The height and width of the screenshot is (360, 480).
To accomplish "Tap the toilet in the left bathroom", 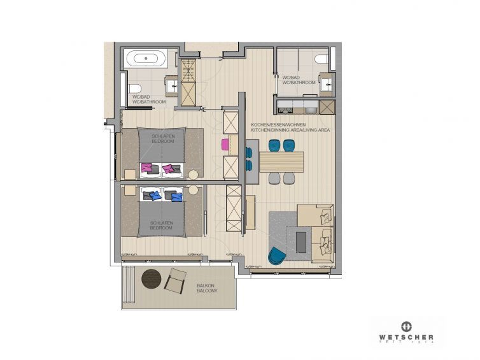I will pos(134,89).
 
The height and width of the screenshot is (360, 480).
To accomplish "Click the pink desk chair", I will pos(225,143).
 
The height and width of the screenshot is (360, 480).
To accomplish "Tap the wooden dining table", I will pos(281,159).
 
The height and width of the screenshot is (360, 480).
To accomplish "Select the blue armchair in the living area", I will pos(277,255).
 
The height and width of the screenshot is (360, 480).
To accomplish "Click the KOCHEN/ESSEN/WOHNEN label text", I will pos(279,124).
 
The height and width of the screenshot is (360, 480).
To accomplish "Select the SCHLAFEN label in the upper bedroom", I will pos(162,136).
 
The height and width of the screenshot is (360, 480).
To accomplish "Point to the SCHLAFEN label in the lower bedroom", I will pos(159,223).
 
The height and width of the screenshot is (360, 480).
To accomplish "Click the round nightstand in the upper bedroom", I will pos(192,173).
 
